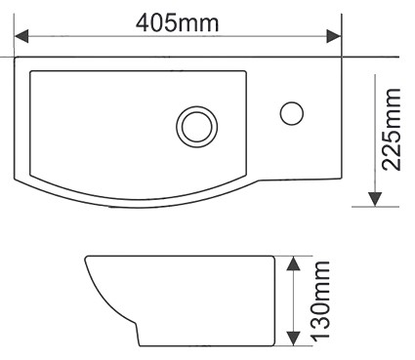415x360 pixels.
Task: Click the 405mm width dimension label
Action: (x=178, y=23)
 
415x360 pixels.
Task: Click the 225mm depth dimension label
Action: (x=391, y=129)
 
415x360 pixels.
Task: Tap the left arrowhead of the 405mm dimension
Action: (x=21, y=36)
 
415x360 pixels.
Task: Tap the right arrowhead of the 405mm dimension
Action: (x=334, y=36)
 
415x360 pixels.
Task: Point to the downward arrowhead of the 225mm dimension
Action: (x=375, y=199)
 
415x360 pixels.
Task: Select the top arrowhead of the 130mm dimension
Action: (x=293, y=263)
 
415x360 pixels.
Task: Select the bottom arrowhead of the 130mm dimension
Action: (x=293, y=339)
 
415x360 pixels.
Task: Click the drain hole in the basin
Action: (x=197, y=126)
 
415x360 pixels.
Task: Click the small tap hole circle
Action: (x=292, y=113)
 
